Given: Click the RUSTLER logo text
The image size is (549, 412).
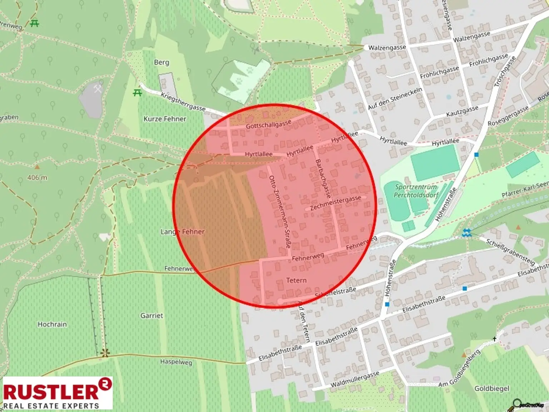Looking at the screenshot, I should pos(51,391).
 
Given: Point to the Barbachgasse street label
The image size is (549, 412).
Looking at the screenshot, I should pos(323,179).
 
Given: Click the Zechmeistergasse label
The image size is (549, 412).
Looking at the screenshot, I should pos(335,203).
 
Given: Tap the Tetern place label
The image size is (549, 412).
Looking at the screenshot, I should pos(296,280).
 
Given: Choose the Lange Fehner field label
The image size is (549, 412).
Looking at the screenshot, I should pos(183,232).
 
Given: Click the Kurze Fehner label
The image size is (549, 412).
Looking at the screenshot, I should pos(165,119).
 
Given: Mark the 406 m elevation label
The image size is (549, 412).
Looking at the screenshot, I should pos(37,177).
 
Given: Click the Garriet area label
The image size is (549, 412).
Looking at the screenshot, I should pos(152,315).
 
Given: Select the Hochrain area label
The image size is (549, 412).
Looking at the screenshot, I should pos(52,324).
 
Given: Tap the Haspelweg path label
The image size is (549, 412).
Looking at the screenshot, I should pos(176,362).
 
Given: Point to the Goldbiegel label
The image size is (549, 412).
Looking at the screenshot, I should pos(491,388).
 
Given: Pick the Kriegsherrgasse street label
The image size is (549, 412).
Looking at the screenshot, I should pos(183,102).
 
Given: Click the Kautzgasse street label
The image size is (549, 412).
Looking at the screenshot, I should pos(462,111).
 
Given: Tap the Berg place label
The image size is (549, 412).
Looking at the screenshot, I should pos(161,62).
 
